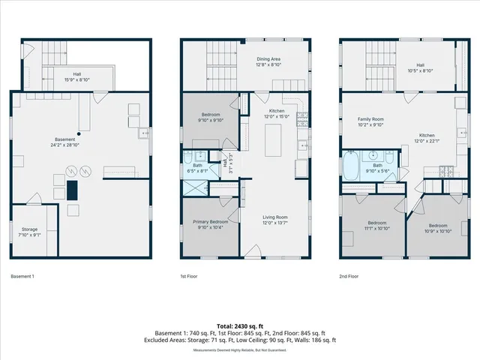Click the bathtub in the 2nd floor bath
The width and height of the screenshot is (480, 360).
[x=351, y=167]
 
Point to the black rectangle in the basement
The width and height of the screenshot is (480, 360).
[x=73, y=190]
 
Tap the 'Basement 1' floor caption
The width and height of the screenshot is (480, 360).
[x=22, y=276]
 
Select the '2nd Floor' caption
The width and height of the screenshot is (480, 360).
[x=349, y=276]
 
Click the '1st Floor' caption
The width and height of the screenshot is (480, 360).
[x=188, y=276]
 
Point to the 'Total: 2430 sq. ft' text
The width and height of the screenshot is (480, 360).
[x=239, y=326]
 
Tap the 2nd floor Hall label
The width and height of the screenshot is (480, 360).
[x=425, y=68]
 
